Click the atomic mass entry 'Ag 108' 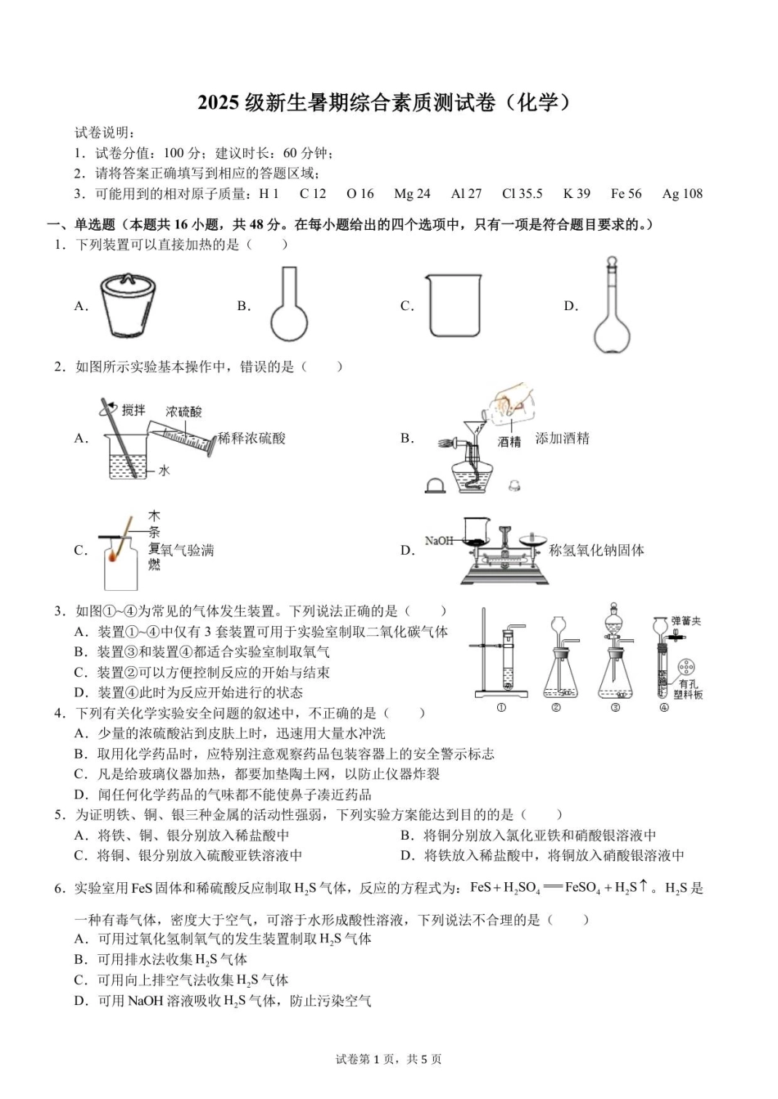(682, 194)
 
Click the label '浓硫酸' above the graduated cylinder (183, 412)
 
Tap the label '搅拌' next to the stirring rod (133, 409)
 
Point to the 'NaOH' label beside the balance (439, 541)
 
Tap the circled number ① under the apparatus (500, 708)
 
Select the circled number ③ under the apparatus (616, 708)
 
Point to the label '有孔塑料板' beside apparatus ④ (688, 688)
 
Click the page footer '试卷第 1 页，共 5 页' (388, 1059)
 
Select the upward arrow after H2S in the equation (644, 886)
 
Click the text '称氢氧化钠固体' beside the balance (596, 550)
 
